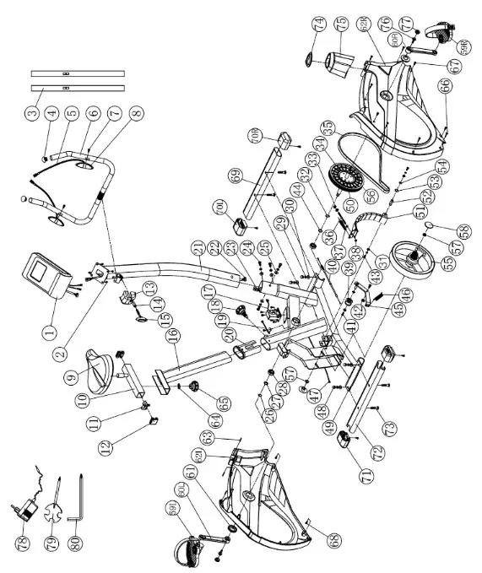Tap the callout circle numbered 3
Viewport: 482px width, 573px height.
click(x=31, y=111)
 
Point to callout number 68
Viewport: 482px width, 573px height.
click(x=312, y=538)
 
